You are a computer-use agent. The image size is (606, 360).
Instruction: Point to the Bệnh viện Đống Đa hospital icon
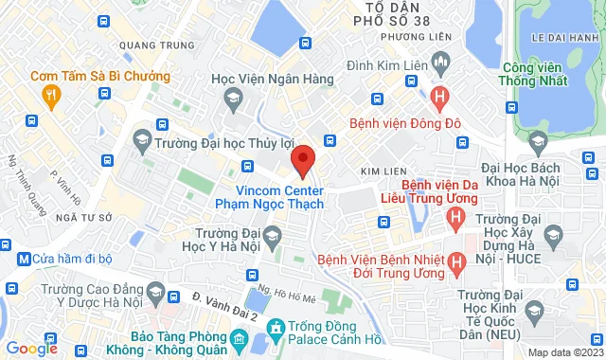(x=438, y=96)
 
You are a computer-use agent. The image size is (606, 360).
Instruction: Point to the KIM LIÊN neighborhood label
(x=376, y=171)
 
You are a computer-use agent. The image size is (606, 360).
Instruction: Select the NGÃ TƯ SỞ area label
(x=79, y=217)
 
